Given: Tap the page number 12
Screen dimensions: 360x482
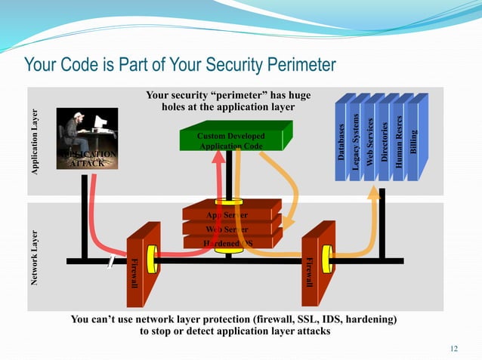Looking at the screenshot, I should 454,348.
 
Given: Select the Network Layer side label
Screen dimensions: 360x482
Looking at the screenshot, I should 34,257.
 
